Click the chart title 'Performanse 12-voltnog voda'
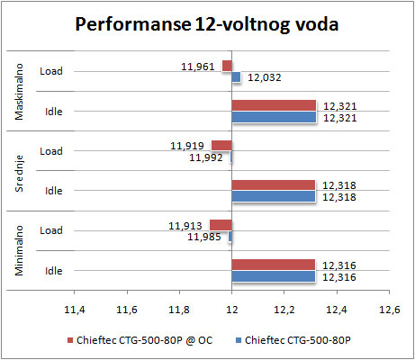coord(207,24)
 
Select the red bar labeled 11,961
coord(227,66)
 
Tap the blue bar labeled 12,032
coord(236,77)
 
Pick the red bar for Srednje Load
coord(221,146)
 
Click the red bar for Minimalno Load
coord(221,225)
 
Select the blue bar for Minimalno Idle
coord(274,276)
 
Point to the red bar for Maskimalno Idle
coord(274,105)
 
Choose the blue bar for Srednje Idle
coord(274,196)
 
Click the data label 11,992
coord(206,157)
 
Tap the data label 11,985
coord(204,237)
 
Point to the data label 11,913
coord(185,226)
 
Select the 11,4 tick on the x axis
coord(75,310)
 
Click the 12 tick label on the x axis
coord(231,310)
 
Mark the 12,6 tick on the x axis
coord(390,310)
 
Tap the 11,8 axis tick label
coord(179,310)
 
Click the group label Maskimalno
coord(19,92)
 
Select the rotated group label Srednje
coord(19,174)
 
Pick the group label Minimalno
coord(19,250)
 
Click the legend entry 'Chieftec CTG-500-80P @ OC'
coord(140,340)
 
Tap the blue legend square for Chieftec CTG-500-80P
coord(239,340)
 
